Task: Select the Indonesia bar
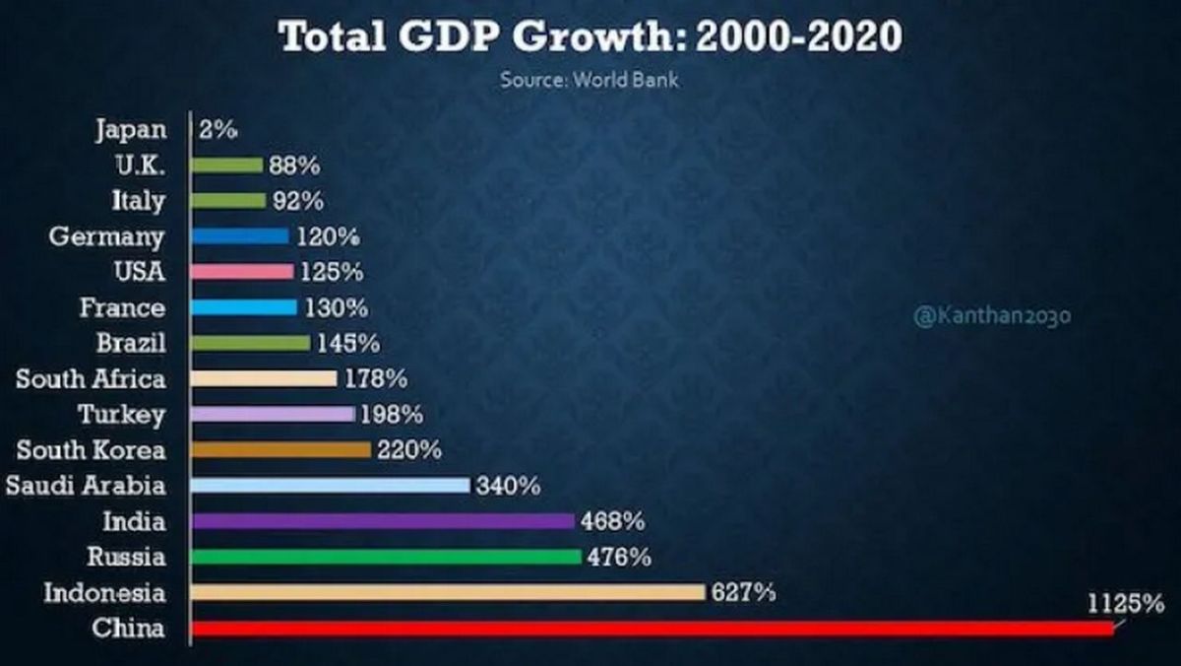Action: click(448, 592)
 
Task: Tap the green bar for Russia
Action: click(386, 557)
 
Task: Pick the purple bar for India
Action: click(382, 521)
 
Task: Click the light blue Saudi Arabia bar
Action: click(330, 485)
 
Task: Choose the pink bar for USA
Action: click(242, 271)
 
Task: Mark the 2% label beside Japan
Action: click(218, 129)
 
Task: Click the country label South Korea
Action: click(92, 450)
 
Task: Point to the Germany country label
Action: click(106, 236)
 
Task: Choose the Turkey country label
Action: click(121, 414)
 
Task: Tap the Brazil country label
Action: click(131, 343)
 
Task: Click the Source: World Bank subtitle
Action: click(589, 80)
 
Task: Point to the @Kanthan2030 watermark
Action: click(992, 316)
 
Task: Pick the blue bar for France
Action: click(244, 307)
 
